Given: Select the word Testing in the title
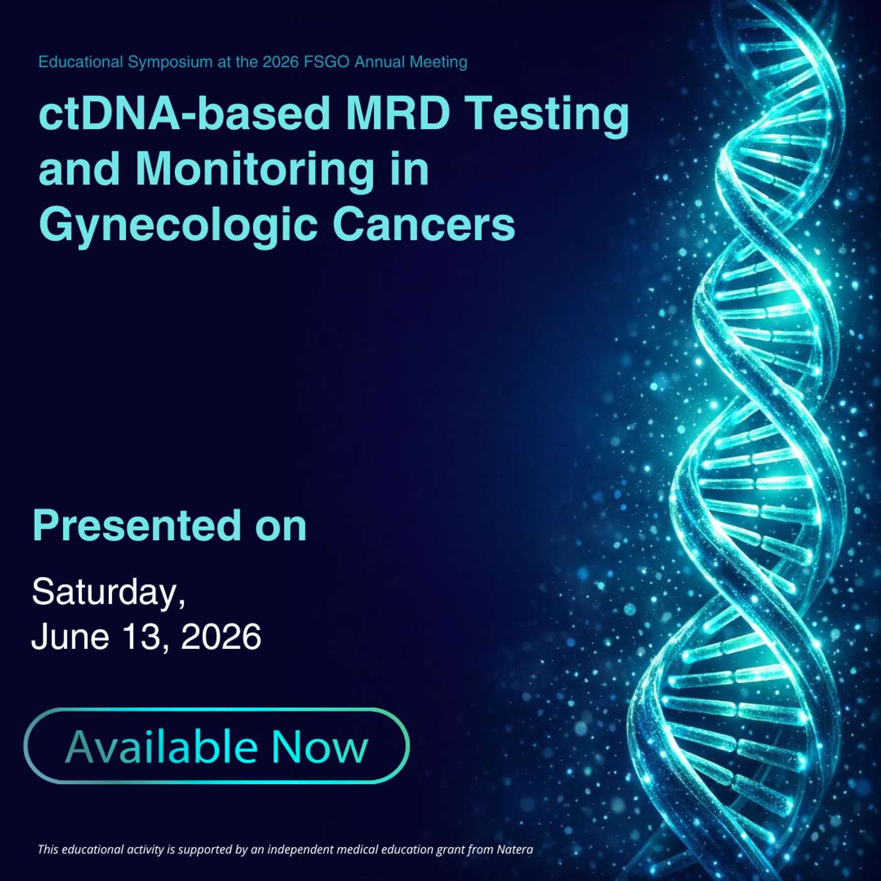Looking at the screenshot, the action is pyautogui.click(x=547, y=118).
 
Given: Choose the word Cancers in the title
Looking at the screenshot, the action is pyautogui.click(x=424, y=225).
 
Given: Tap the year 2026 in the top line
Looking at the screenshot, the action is pyautogui.click(x=281, y=62).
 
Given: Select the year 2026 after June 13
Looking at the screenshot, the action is pyautogui.click(x=222, y=637).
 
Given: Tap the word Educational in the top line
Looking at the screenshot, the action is pyautogui.click(x=81, y=62).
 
